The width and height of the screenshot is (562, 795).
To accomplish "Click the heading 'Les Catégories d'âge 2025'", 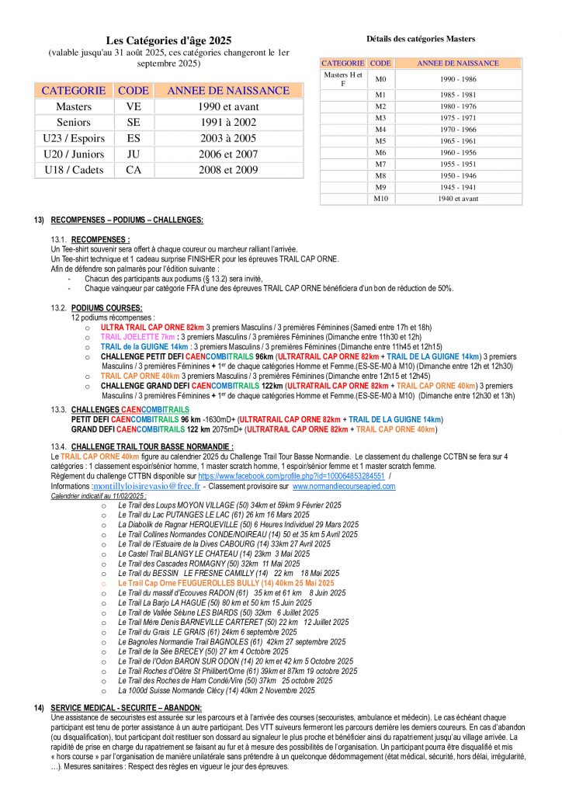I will coord(168,40).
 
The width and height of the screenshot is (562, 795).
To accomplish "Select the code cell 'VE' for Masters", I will coord(134,106).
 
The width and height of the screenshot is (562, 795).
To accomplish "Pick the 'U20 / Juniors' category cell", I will coord(74,154).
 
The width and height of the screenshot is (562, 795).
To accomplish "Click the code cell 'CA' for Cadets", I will coord(134,169).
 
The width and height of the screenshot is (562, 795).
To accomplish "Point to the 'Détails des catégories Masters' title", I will coord(420,38).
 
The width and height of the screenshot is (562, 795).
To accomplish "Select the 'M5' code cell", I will coord(380,141).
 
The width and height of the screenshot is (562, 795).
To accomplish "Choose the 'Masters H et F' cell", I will coord(342,78).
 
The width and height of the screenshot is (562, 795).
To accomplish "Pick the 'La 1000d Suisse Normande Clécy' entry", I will coord(217,690).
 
